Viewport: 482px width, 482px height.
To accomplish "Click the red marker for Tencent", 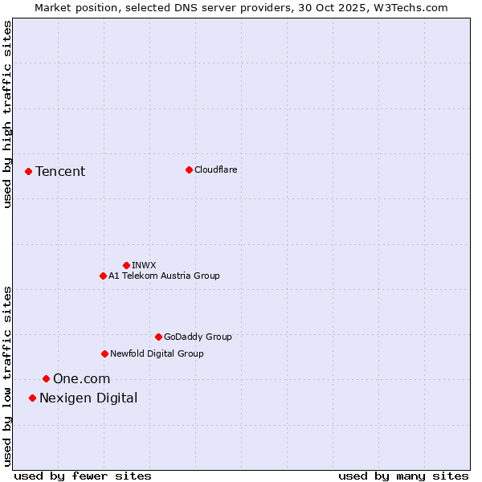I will (x=28, y=171).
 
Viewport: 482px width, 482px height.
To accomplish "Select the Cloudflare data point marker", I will (x=189, y=170).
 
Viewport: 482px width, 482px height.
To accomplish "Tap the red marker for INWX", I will (x=126, y=265).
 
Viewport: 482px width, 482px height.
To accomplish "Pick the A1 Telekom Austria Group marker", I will (x=103, y=276).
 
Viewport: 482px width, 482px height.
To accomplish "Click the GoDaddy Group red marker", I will (x=158, y=337).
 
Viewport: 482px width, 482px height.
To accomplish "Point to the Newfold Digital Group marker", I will (x=104, y=353).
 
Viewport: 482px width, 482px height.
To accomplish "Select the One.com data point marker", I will (x=46, y=378).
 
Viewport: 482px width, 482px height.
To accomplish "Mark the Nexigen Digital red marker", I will (x=32, y=398).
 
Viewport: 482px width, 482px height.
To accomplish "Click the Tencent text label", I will (x=60, y=171).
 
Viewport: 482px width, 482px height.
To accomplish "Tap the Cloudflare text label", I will (x=216, y=170).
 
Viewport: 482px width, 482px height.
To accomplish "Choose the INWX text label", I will (x=144, y=265).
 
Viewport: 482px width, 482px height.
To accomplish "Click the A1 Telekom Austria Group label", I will (x=164, y=276).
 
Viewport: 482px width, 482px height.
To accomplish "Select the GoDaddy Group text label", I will (x=198, y=337).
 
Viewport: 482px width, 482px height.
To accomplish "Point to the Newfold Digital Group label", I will (x=157, y=353).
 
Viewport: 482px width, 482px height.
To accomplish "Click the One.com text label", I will (x=81, y=378).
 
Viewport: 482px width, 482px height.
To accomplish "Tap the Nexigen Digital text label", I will (x=88, y=398).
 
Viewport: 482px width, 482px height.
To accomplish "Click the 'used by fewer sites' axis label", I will (x=83, y=476).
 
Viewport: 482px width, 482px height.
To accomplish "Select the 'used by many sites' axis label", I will (x=403, y=476).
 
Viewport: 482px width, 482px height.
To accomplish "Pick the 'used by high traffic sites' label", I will (x=8, y=114).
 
